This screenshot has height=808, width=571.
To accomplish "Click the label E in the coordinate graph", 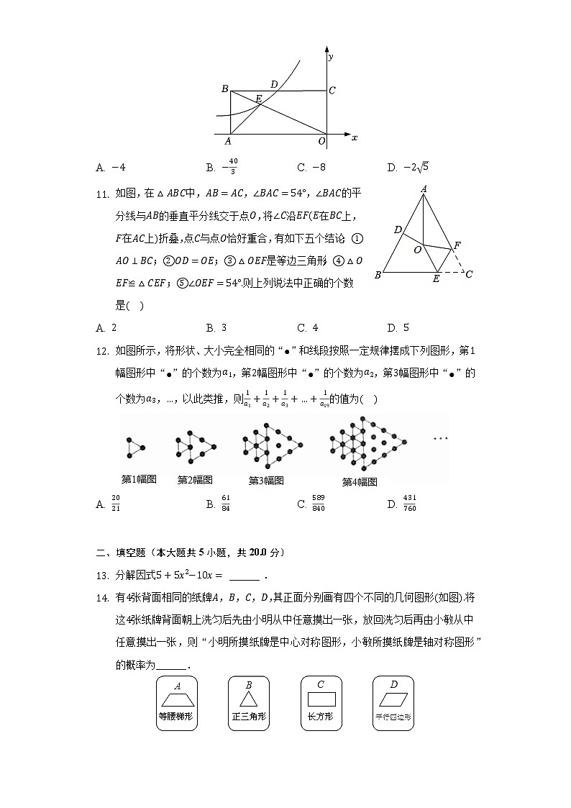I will click(x=258, y=98).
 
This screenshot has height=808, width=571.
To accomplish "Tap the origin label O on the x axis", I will click(x=321, y=141).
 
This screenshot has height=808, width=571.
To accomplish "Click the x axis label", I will click(x=355, y=137).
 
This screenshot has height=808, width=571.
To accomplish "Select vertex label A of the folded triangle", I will click(x=424, y=189).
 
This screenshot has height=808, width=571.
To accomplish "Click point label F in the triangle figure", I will click(x=456, y=245).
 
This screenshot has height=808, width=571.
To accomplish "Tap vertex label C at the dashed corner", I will click(x=469, y=273).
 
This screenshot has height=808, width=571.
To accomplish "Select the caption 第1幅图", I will click(x=139, y=478).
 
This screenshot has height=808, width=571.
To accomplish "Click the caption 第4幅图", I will click(x=360, y=481).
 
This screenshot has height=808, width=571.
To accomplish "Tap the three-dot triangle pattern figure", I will click(x=135, y=448).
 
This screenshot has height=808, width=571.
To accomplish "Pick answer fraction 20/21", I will click(x=116, y=504).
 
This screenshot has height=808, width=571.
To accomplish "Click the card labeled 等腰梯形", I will click(x=176, y=703).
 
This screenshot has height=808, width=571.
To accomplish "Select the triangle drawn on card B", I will click(x=248, y=698).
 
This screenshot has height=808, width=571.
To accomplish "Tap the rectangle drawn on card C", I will click(x=321, y=698).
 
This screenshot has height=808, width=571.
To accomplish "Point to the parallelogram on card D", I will click(x=393, y=699).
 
